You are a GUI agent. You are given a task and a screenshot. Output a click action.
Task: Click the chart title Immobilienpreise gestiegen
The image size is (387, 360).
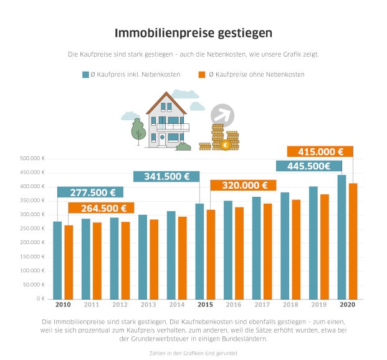click(x=193, y=32)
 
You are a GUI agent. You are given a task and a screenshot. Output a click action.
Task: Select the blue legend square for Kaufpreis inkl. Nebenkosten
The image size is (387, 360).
click(x=85, y=75)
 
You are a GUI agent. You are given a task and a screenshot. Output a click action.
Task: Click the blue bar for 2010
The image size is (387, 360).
click(x=57, y=260)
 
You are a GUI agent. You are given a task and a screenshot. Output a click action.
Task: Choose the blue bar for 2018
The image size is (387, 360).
click(x=285, y=245)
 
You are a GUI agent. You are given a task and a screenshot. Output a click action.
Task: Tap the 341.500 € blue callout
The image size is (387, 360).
click(x=166, y=176)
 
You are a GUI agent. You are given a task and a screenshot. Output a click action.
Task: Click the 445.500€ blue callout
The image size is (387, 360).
click(x=309, y=166)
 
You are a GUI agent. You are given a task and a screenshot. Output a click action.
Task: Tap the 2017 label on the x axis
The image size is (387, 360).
click(x=262, y=305)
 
